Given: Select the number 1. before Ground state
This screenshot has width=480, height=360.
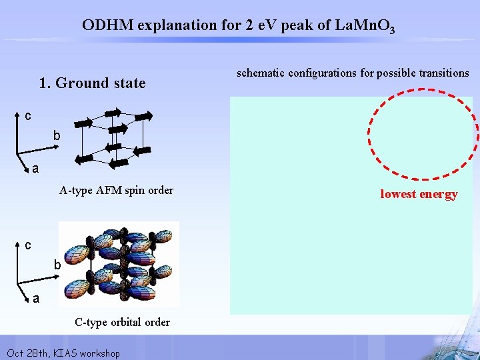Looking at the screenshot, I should pos(45,83).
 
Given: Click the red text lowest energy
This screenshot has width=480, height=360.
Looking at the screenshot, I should pos(419,194).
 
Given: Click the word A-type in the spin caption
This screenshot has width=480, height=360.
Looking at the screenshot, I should pos(74,191).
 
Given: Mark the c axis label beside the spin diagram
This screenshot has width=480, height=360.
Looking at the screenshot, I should pos(27,117).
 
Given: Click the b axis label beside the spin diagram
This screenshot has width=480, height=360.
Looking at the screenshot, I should pos(57,136).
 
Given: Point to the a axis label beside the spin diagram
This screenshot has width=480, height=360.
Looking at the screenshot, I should pos(35,169).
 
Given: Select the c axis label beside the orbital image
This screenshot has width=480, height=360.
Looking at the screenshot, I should pos(27,246).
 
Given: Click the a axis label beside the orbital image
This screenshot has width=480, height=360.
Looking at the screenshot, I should pos(35,299).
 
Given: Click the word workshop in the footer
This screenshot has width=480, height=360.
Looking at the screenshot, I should pos(99,353).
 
